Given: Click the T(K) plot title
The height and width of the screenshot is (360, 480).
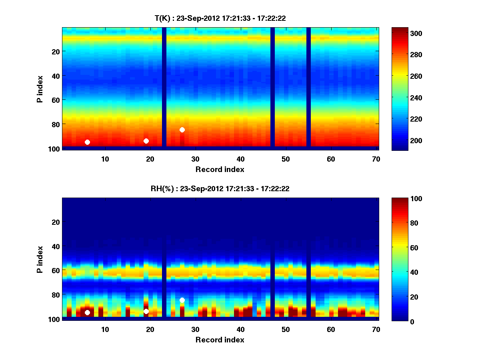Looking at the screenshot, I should point(220,18).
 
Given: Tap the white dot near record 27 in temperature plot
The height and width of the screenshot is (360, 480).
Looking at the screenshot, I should point(182,130).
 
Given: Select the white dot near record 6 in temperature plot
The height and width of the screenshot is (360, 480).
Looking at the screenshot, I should point(87,142).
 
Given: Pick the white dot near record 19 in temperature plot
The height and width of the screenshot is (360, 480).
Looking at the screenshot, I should point(146,141).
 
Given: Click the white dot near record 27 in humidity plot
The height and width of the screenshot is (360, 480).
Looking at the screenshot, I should point(182,300).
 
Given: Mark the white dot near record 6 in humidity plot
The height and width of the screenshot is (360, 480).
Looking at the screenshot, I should point(87,312).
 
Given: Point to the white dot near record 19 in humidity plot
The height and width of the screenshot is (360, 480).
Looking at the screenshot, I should point(146,311).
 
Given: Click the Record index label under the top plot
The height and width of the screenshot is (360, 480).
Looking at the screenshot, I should point(220,170).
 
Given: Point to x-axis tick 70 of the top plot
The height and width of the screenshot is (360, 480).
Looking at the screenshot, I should point(376,159).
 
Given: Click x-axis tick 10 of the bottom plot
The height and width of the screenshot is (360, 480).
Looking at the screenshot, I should point(105,329).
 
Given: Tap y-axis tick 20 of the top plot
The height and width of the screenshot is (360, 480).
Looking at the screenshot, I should point(55,52).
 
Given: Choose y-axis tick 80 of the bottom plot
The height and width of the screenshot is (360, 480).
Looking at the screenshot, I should point(55,295).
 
